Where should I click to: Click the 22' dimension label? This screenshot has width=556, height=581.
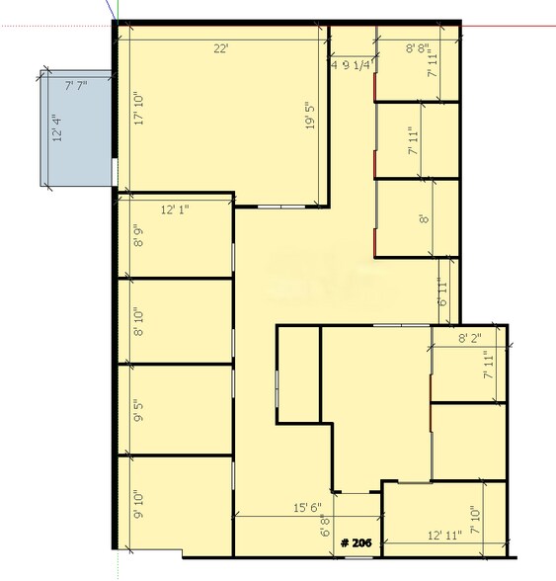coord(218,47)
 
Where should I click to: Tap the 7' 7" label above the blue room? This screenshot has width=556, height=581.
coord(76,87)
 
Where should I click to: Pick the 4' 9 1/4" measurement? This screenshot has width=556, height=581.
coord(351,66)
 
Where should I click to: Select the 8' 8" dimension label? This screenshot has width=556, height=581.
coord(422,47)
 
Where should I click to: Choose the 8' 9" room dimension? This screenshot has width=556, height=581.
coord(138,237)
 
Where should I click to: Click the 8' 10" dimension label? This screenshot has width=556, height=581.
coord(138,323)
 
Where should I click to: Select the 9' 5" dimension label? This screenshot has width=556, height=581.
coord(138,410)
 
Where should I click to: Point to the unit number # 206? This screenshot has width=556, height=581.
coord(357,543)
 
